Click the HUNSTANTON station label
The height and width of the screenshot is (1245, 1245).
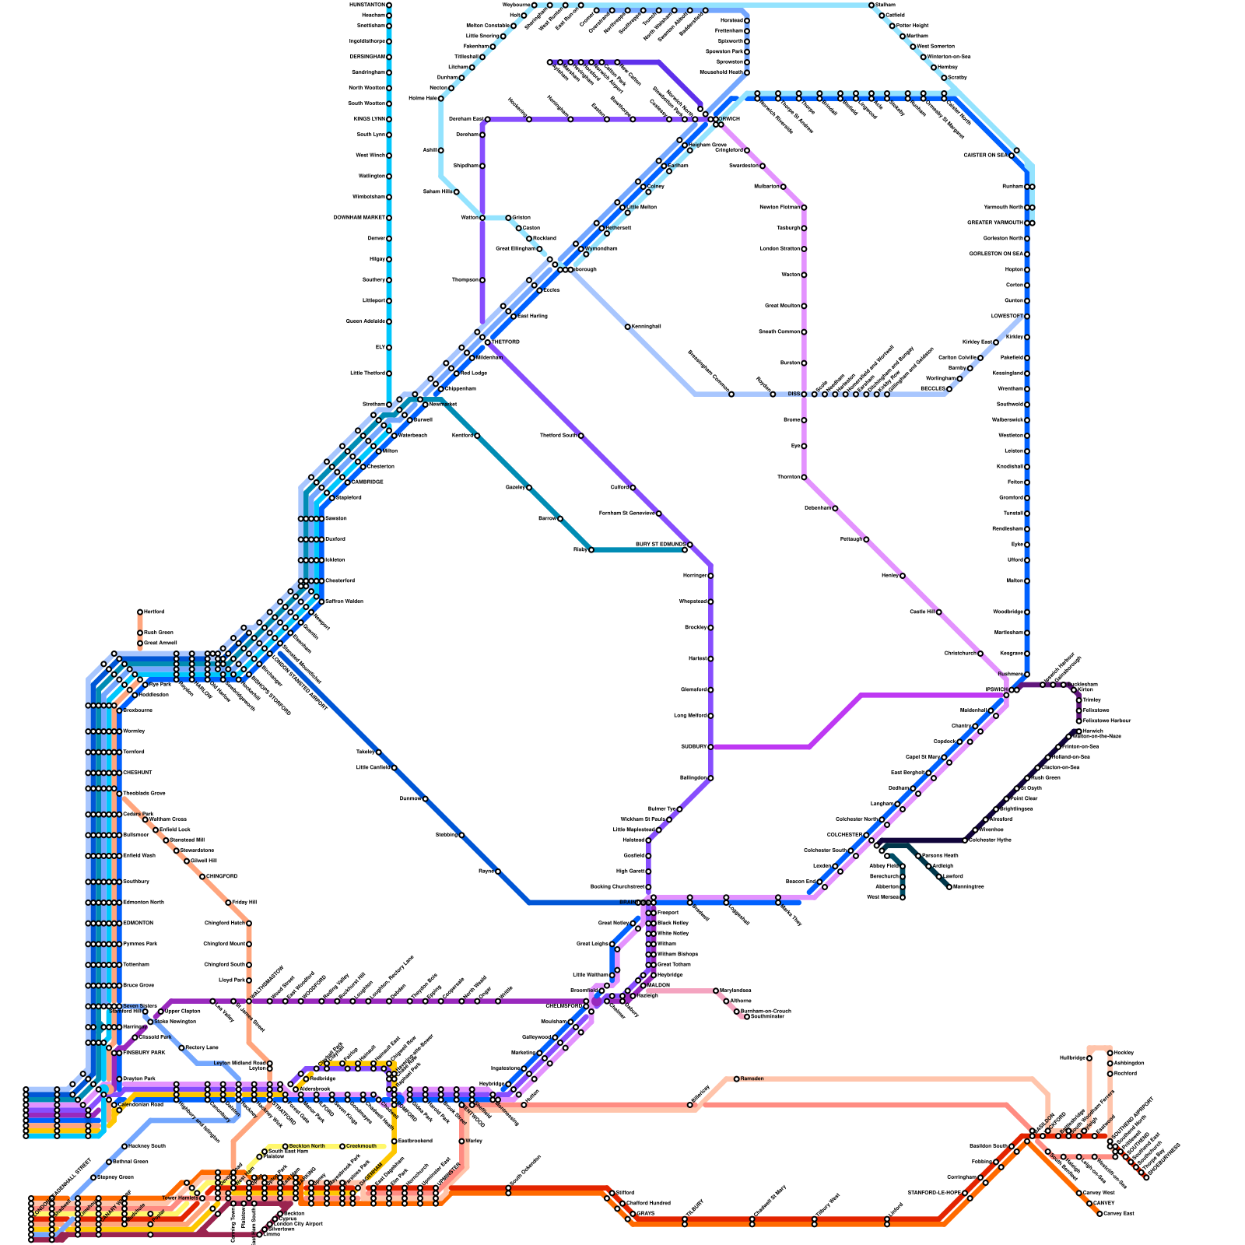[367, 5]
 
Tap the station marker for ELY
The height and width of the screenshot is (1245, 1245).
[389, 347]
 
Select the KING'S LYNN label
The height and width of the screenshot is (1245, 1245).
[369, 119]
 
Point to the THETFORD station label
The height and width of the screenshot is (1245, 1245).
[507, 342]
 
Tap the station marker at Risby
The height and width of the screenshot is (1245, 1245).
[591, 550]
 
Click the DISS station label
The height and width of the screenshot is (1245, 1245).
[794, 394]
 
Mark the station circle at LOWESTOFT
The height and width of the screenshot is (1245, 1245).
[1027, 316]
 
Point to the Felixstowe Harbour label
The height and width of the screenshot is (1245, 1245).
[1106, 721]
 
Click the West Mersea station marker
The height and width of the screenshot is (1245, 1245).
[903, 897]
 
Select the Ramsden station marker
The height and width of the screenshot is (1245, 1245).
[736, 1078]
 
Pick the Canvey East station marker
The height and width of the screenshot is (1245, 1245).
[1099, 1213]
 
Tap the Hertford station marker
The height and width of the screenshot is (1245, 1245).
[140, 612]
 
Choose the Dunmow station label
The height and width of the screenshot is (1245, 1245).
[410, 798]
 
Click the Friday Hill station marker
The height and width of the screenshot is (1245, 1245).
[228, 903]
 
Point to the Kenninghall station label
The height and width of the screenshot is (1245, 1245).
[647, 327]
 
